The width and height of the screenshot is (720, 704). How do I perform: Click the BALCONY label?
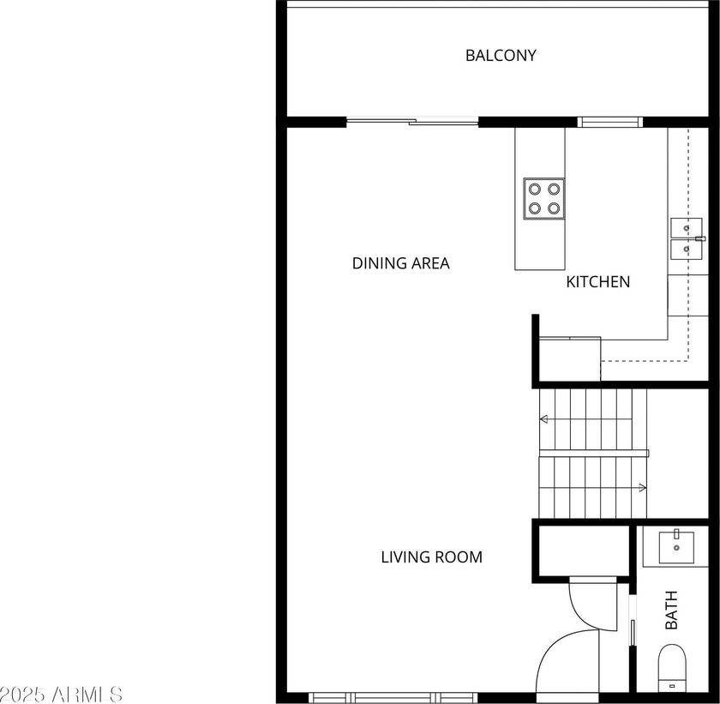[501, 56]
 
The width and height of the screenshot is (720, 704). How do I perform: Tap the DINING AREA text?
[400, 263]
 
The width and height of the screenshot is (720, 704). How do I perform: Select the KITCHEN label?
[598, 281]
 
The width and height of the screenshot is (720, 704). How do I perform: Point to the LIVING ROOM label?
[432, 557]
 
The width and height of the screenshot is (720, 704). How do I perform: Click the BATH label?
[671, 610]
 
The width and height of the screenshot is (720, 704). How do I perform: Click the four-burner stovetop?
[544, 199]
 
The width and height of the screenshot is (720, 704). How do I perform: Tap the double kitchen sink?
[687, 238]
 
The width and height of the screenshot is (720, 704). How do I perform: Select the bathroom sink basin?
[676, 547]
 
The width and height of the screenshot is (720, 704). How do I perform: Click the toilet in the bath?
[672, 669]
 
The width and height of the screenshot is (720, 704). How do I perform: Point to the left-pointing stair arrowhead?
[544, 418]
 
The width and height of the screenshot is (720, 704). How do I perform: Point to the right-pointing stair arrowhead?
[643, 487]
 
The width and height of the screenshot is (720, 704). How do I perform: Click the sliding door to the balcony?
[412, 121]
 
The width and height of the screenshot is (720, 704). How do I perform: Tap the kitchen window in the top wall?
[609, 122]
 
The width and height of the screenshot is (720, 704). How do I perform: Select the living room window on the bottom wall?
[393, 698]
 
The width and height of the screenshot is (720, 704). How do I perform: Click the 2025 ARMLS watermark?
[61, 695]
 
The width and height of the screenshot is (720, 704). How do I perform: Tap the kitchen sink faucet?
[699, 238]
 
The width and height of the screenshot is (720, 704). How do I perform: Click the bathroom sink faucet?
[676, 534]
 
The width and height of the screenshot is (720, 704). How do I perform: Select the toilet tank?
[672, 686]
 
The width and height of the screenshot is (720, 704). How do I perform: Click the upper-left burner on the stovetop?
[535, 189]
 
